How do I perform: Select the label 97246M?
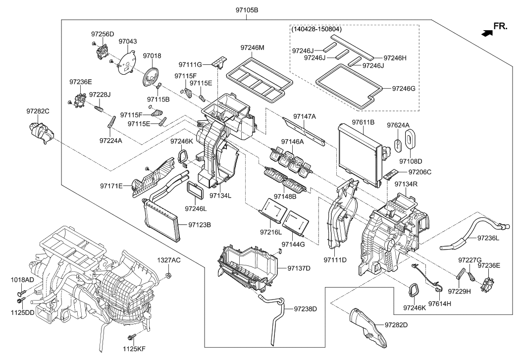(x=252, y=48)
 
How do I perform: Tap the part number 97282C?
(x=38, y=112)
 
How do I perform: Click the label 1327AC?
(x=169, y=260)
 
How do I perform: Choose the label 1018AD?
(x=22, y=280)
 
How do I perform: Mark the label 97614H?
(x=440, y=304)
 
